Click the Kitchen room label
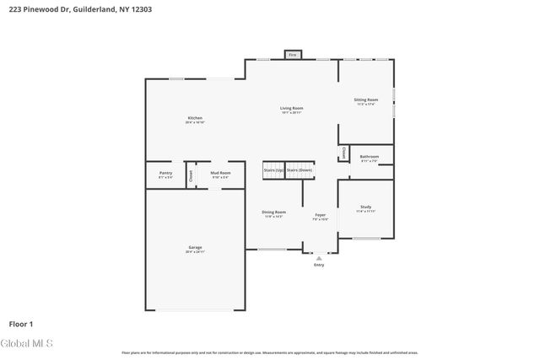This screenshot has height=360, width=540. pos(195,118)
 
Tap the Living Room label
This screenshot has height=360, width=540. pos(292,108)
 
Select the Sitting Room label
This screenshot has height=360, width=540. pos(366,100)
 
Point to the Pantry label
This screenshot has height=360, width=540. pos(165,173)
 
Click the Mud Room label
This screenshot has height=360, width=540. pos(220,173)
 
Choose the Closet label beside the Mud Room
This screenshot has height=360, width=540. pos(191,176)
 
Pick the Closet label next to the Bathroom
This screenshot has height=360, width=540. pos(343,153)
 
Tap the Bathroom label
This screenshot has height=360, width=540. pos(370,156)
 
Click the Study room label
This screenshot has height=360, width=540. pos(366,207)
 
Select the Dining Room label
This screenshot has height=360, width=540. pos(273,212)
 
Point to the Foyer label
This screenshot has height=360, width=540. pos(321,216)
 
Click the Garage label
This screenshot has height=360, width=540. pos(195,248)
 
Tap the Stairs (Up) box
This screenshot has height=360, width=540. pos(273,169)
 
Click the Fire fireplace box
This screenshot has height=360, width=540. pos(293,55)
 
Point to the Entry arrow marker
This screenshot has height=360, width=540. pos(319,258)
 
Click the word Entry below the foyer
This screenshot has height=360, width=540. pos(319,266)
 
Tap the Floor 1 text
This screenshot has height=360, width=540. pos(21,323)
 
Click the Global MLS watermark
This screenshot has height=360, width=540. pos(27,344)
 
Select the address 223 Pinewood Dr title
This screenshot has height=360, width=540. pos(62,8)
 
